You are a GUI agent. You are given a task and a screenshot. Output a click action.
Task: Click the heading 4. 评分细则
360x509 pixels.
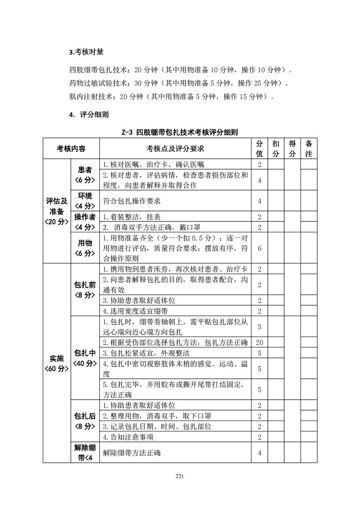pos(89,115)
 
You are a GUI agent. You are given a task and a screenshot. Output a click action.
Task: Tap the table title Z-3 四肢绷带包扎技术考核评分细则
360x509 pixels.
pos(180,132)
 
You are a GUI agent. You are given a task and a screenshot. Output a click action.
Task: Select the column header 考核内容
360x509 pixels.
pos(71,148)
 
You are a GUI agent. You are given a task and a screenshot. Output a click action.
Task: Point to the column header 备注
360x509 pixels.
pos(309,148)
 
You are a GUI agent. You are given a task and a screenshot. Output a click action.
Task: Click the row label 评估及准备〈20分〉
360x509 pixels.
pos(57,211)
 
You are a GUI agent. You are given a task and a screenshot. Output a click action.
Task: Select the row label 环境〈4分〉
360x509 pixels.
pos(85,201)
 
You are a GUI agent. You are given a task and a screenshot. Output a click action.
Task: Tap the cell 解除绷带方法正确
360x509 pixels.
pos(132,453)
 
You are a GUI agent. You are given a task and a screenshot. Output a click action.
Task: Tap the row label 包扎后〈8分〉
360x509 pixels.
pos(85,421)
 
